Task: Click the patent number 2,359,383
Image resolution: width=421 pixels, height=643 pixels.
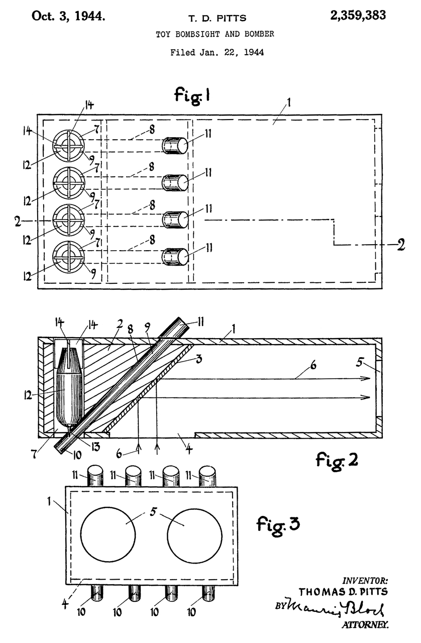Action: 358,16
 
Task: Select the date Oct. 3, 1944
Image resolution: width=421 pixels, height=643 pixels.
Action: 68,16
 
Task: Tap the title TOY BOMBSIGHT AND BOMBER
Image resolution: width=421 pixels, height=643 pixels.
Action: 215,34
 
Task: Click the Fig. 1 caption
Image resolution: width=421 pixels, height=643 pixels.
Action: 192,95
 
